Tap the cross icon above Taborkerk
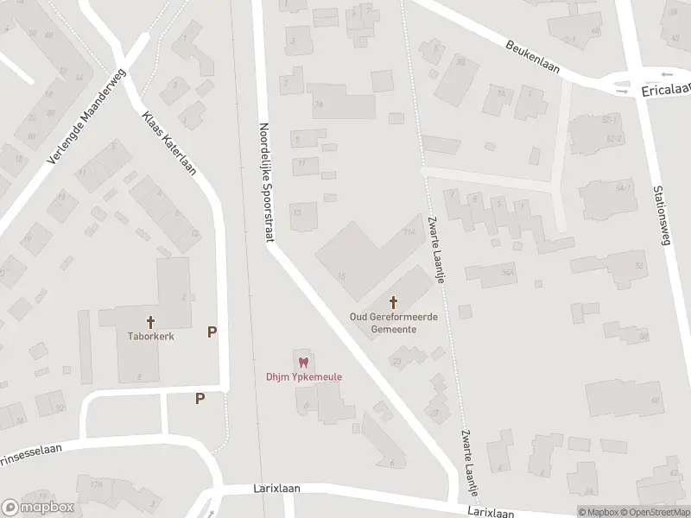(x=150, y=323)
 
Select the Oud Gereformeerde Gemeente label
(x=393, y=323)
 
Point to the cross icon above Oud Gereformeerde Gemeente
(x=394, y=301)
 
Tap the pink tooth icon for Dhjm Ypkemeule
(x=301, y=363)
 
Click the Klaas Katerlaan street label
(x=168, y=142)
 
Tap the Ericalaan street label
(x=666, y=89)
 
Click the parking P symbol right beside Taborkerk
(x=212, y=332)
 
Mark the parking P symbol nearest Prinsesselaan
(x=200, y=398)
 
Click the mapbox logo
(x=36, y=507)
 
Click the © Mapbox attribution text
(x=597, y=512)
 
